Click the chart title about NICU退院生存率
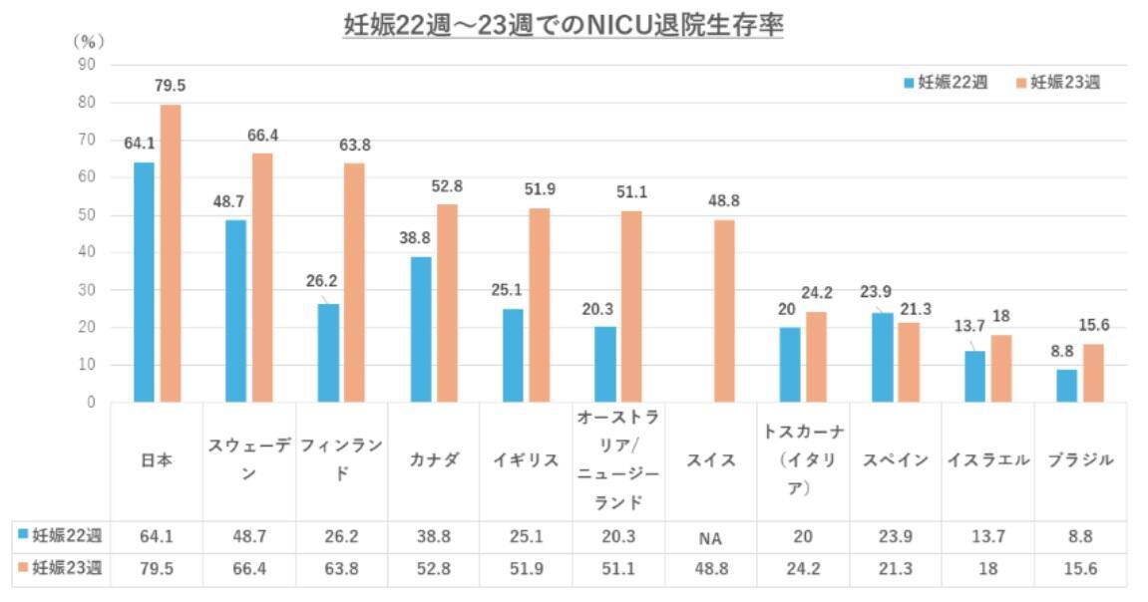tap(563, 25)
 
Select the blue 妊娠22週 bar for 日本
tap(145, 282)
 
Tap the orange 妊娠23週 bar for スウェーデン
tap(262, 277)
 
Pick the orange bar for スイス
tap(724, 310)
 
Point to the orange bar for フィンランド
tap(354, 282)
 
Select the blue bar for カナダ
tap(421, 329)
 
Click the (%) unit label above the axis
tap(88, 42)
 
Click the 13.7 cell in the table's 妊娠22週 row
tap(986, 536)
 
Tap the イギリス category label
tap(525, 460)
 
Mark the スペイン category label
tap(895, 460)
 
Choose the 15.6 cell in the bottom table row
tap(1080, 569)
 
